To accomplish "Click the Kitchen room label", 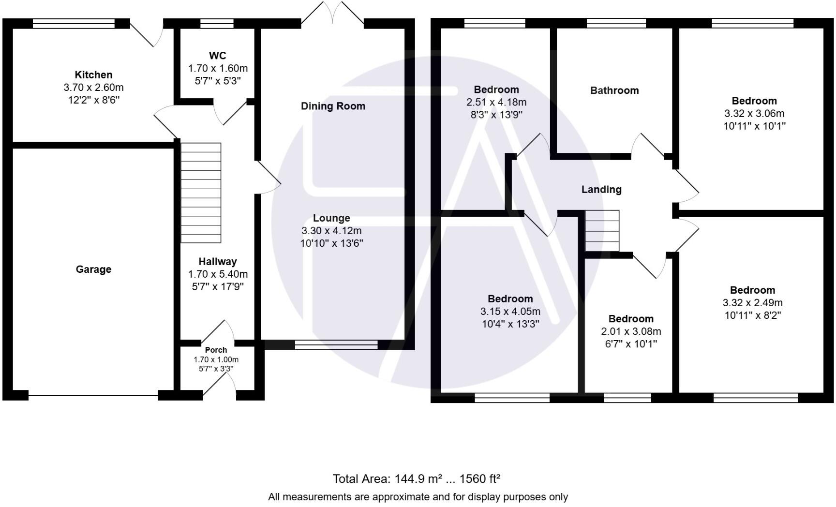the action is (93, 75).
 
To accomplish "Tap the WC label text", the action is (217, 56).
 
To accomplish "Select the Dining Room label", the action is (333, 106).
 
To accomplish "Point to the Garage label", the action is (93, 269).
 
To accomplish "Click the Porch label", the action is (216, 350).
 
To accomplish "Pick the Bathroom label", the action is (614, 90).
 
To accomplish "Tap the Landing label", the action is (601, 190).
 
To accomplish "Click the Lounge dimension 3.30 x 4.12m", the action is (331, 231).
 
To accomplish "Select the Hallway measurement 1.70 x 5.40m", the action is (218, 274).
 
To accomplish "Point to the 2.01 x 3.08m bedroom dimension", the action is (631, 331).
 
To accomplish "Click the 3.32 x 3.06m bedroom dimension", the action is (754, 114).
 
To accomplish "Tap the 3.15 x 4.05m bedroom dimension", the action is (510, 312).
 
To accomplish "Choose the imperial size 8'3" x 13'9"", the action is (496, 115).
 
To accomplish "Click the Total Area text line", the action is (417, 479).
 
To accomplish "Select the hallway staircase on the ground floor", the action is (201, 193).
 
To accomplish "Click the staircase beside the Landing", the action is (602, 231).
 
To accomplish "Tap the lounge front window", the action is (336, 345).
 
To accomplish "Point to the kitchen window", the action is (74, 23).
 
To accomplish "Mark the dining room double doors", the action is (332, 12).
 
